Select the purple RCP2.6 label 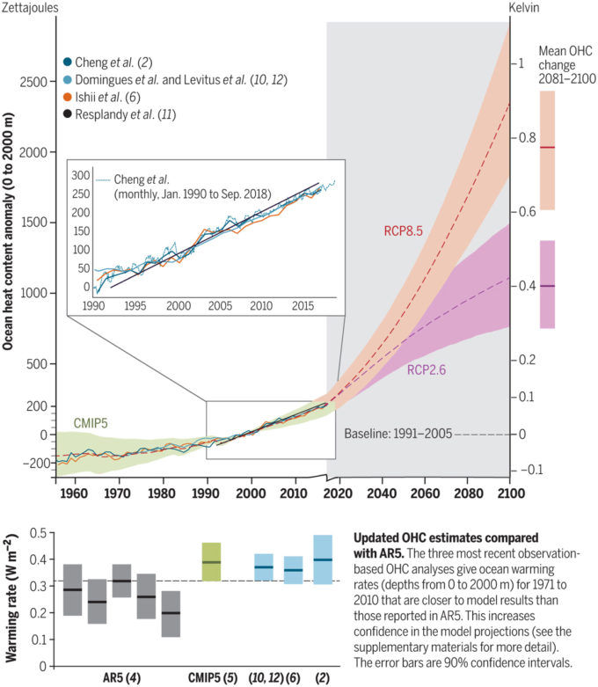(428, 370)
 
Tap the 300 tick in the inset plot (81, 174)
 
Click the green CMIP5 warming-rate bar (211, 562)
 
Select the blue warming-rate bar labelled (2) (323, 559)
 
